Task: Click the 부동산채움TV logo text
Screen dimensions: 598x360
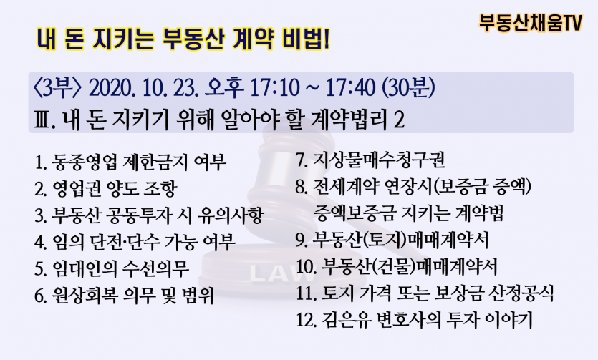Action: pos(531,23)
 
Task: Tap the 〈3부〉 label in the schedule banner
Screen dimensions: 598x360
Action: pos(57,88)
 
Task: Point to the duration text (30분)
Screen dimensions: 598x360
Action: pos(408,88)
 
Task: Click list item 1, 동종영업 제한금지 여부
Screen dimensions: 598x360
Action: pos(130,162)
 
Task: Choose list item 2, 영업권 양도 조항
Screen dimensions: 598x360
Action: pos(106,188)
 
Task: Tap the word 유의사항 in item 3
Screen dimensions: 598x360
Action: pos(231,215)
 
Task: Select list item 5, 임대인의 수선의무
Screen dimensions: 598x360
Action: pos(112,268)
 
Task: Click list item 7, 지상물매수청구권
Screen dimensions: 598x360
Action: pos(370,160)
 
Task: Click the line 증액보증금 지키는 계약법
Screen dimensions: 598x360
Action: pos(408,213)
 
